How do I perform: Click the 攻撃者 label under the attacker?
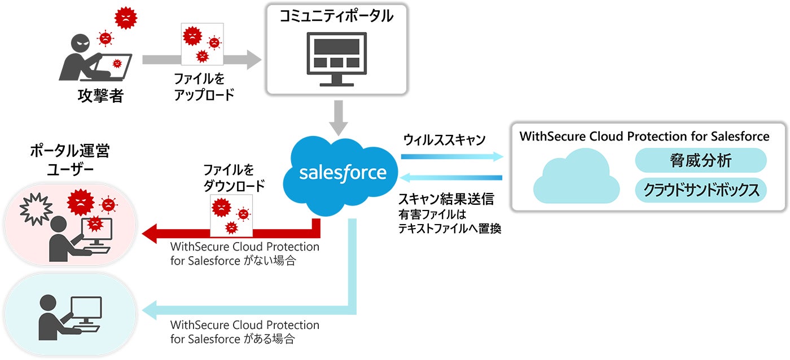[100, 96]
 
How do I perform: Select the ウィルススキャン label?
[445, 140]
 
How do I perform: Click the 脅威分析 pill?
[701, 161]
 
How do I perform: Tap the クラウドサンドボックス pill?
[701, 190]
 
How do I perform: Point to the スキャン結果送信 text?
[446, 199]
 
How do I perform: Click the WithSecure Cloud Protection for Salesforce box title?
[644, 136]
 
